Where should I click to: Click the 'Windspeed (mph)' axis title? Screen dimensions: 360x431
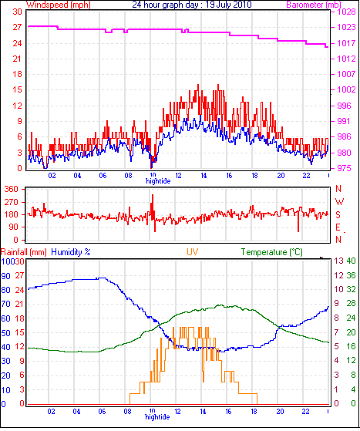(x=59, y=5)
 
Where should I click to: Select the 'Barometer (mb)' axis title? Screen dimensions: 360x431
(x=314, y=5)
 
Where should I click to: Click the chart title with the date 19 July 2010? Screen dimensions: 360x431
(x=192, y=5)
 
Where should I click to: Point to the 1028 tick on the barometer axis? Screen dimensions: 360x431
(x=346, y=12)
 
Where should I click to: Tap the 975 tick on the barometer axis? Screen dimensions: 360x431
(x=344, y=168)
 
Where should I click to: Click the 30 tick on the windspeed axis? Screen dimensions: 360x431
(x=17, y=12)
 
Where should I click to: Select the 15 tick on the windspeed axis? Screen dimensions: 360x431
(x=17, y=89)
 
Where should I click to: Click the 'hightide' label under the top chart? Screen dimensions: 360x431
(x=158, y=181)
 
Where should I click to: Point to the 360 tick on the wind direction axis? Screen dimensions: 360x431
(x=11, y=189)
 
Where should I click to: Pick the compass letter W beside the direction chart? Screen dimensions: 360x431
(x=339, y=202)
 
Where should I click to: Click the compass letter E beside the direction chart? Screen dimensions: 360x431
(x=338, y=227)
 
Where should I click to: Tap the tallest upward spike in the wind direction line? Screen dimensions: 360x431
(x=153, y=196)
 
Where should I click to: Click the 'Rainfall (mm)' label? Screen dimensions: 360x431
(x=24, y=252)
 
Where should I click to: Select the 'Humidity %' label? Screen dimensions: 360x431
(x=71, y=252)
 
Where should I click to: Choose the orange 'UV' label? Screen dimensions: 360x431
(x=193, y=252)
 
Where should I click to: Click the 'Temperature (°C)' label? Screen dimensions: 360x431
(x=272, y=252)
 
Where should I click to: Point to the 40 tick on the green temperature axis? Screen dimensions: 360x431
(x=351, y=261)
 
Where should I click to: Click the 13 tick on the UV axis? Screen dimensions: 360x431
(x=338, y=261)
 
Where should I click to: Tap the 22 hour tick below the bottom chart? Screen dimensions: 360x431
(x=305, y=412)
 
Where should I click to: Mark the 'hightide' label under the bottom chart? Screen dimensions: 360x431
(x=157, y=416)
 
